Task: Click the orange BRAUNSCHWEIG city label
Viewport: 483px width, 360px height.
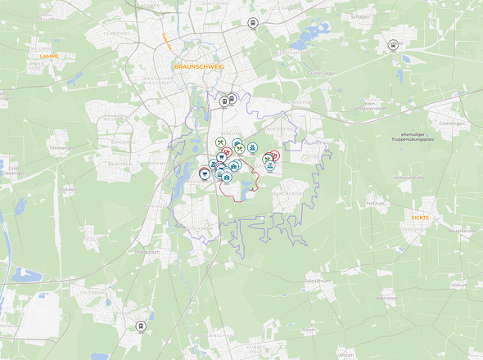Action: [x=199, y=65]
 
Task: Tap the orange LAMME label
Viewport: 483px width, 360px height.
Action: [x=50, y=56]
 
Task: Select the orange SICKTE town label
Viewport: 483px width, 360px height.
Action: [x=420, y=218]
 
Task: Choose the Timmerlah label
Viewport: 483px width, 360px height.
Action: [x=60, y=148]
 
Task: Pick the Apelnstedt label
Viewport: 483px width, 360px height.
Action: [x=386, y=299]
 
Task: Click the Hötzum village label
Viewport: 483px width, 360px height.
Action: [x=376, y=202]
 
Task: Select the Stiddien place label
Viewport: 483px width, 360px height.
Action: [x=66, y=187]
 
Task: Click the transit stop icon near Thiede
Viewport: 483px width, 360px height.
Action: [x=141, y=326]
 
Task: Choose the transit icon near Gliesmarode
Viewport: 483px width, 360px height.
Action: [x=252, y=23]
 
